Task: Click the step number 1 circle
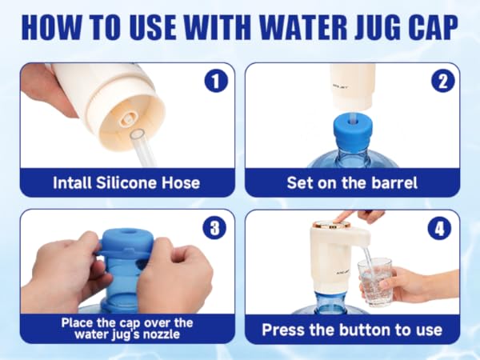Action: (x=217, y=82)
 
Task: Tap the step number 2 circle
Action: (x=443, y=81)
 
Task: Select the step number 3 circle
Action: (x=214, y=228)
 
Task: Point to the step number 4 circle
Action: (x=439, y=228)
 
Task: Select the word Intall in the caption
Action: (x=72, y=182)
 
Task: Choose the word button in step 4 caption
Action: (x=365, y=330)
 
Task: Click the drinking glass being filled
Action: (x=374, y=282)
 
